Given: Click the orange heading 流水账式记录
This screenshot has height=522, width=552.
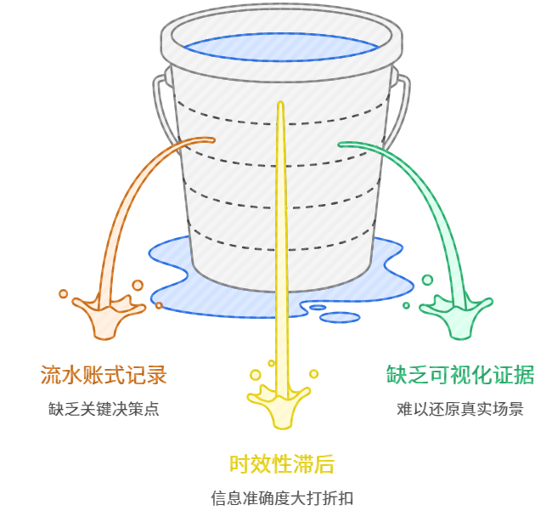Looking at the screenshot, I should click(x=104, y=375).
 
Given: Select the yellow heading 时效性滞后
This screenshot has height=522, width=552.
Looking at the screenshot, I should click(x=282, y=464).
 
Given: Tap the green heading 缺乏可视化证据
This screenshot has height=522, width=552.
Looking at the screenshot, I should click(x=461, y=375).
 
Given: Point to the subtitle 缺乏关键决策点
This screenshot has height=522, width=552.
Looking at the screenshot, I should click(x=104, y=409).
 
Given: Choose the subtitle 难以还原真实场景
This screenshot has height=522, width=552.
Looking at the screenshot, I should click(x=460, y=409).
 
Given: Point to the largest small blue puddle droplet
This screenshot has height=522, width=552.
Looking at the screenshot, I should click(x=340, y=318).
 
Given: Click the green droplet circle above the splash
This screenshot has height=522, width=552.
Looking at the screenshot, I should click(x=427, y=280).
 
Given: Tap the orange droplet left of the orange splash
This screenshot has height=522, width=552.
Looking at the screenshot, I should click(x=64, y=294).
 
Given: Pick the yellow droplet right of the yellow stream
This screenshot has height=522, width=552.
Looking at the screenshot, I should click(x=313, y=374).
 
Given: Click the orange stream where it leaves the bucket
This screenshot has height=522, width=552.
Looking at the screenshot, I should click(x=208, y=139).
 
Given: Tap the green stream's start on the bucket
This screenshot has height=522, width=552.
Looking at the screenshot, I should click(x=345, y=144).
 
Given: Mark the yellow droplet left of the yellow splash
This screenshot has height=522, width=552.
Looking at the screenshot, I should click(x=255, y=375).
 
